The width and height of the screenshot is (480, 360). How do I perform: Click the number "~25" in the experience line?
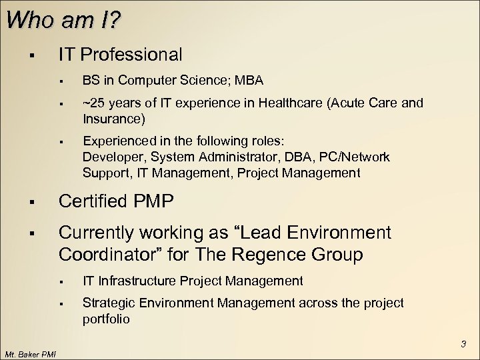(93, 103)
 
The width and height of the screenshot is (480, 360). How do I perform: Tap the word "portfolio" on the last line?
(106, 319)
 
